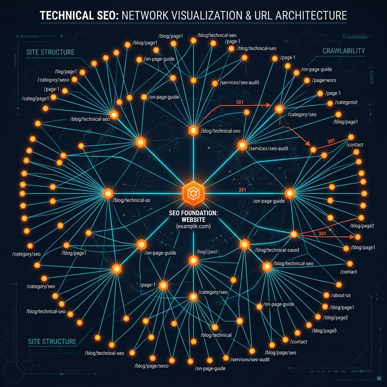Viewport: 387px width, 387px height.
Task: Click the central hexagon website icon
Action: point(193,193)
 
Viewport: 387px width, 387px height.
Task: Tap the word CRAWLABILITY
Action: point(344,51)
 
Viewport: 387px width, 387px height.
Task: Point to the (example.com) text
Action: point(193,226)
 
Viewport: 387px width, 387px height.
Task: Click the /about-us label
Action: point(341,295)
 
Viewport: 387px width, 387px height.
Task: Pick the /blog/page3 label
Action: point(324,331)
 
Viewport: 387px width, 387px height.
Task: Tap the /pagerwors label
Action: point(324,80)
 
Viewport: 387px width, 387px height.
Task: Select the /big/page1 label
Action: point(66,72)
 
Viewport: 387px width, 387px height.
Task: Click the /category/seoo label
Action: point(53,80)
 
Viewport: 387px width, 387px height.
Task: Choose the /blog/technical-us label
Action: point(131,200)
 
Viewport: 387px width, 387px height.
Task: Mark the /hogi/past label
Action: point(207,252)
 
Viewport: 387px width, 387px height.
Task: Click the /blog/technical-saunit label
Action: point(277,250)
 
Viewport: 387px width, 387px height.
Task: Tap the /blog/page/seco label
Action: point(151,366)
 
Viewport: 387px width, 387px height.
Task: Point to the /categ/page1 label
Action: point(35,99)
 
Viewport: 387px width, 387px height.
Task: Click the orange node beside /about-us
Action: point(326,295)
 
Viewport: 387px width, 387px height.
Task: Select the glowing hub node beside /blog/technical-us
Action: point(108,193)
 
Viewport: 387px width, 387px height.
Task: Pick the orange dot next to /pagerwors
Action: point(307,80)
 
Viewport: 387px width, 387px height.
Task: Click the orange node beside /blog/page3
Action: point(309,325)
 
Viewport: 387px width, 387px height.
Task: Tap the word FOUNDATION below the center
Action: point(202,213)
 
